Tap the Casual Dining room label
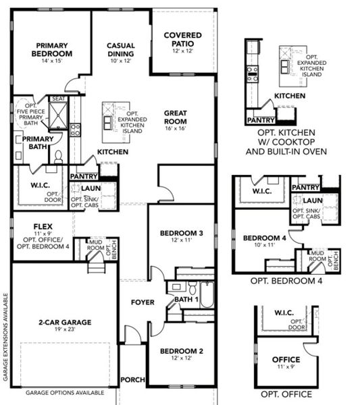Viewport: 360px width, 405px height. (121, 50)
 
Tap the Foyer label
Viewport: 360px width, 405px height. (142, 302)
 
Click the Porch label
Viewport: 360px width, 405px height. (133, 380)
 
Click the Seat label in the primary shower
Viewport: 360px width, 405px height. (58, 99)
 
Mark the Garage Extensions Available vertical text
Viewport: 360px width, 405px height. (5, 337)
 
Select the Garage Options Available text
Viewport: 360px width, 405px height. (65, 392)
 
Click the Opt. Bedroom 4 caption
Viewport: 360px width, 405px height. (286, 279)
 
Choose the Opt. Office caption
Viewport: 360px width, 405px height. (286, 394)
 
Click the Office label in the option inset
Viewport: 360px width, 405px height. (286, 360)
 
